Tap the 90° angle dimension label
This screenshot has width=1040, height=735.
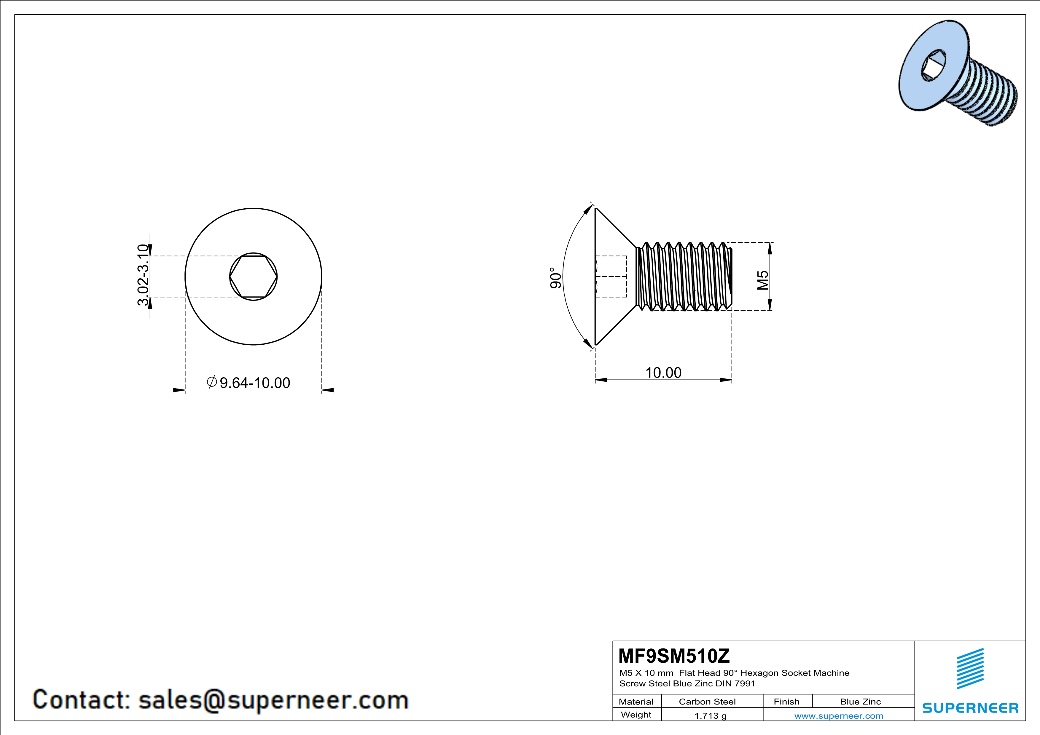(556, 277)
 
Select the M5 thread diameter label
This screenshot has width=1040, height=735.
(763, 280)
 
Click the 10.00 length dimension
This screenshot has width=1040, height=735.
(663, 373)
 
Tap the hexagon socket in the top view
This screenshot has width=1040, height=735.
(253, 276)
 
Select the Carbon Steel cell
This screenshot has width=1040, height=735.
(707, 702)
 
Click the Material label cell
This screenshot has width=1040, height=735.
(636, 702)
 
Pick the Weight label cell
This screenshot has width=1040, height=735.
(636, 715)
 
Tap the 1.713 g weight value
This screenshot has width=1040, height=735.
(710, 715)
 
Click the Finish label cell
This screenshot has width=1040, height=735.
(786, 702)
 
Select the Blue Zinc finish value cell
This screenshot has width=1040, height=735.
(860, 702)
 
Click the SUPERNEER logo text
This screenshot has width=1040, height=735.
(970, 708)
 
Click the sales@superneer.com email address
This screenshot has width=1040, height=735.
(273, 700)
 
